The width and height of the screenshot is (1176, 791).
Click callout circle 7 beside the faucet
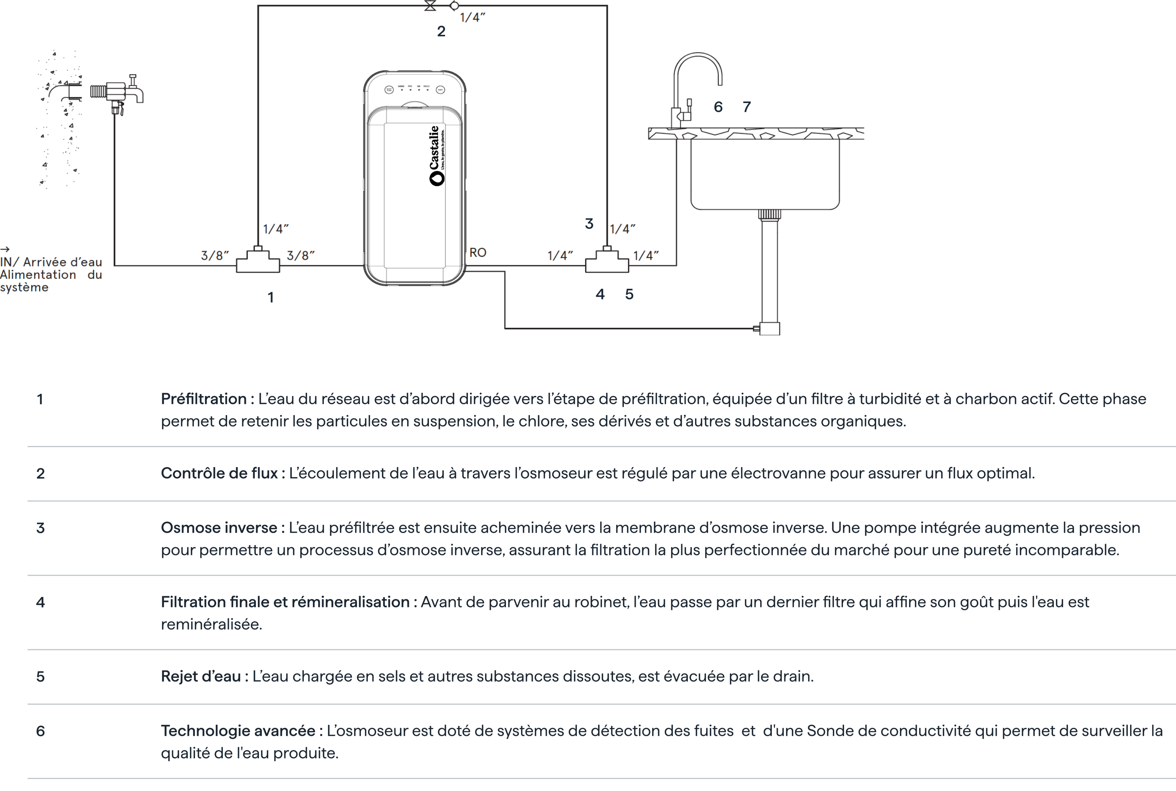[746, 107]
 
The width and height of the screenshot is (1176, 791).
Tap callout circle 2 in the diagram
[441, 31]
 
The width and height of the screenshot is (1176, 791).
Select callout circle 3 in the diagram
[589, 223]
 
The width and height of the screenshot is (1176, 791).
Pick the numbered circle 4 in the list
[40, 602]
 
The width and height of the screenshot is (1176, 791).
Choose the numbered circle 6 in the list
[40, 731]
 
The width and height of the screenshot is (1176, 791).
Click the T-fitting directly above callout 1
[258, 260]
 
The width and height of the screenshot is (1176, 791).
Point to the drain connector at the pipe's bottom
[769, 329]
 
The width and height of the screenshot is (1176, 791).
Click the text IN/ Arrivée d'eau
[51, 262]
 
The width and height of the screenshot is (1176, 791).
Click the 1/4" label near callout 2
[472, 18]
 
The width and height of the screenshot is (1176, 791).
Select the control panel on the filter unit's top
[414, 89]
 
